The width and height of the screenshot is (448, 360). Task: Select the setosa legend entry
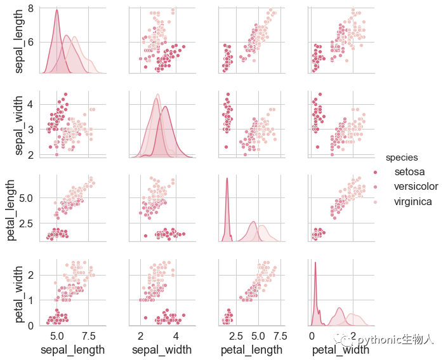click(x=409, y=172)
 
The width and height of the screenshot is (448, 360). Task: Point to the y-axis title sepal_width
click(x=19, y=124)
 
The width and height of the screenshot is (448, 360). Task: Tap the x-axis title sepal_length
click(x=72, y=349)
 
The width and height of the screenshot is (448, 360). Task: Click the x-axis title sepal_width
click(x=161, y=349)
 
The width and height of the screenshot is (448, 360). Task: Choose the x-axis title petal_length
click(x=250, y=349)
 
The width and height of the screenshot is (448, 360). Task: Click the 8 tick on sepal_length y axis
click(x=31, y=9)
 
